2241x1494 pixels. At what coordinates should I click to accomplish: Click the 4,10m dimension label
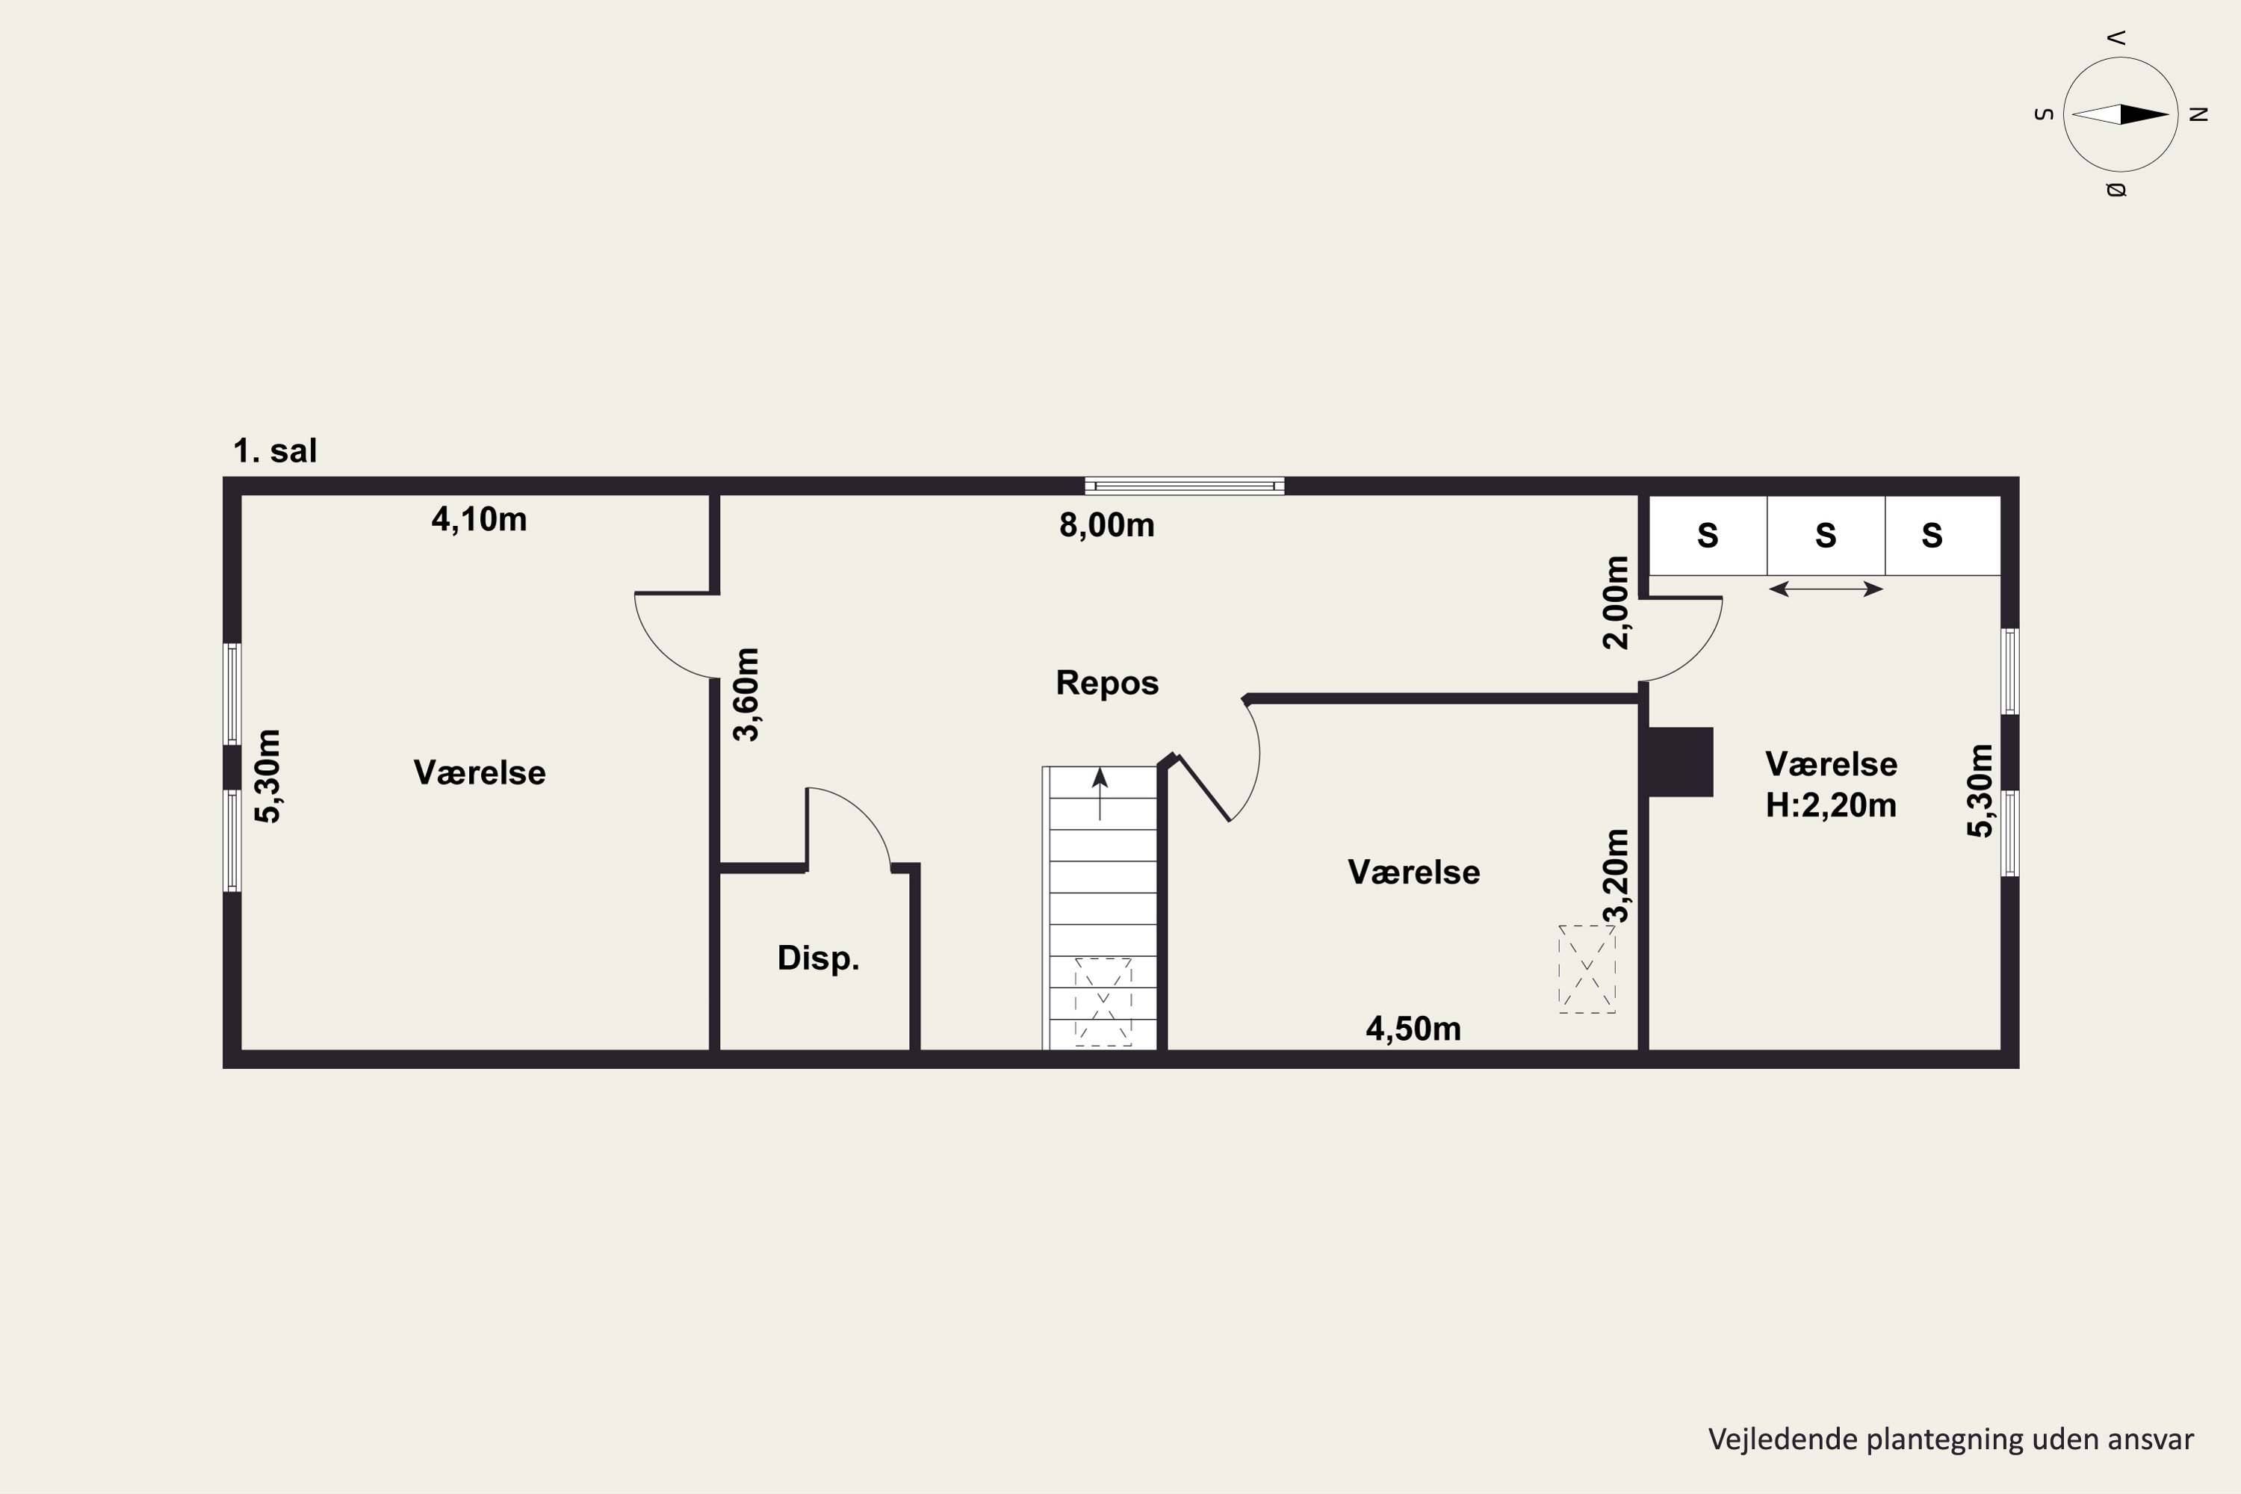[x=480, y=519]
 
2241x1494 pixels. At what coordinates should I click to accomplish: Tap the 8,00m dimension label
[x=1107, y=525]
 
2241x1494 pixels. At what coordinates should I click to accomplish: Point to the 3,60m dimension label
[x=747, y=695]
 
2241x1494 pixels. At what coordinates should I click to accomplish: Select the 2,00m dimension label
[x=1616, y=602]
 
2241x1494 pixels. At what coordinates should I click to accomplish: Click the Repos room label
[x=1107, y=684]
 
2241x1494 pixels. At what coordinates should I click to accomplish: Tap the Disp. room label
[x=819, y=958]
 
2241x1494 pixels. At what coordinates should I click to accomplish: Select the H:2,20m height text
[x=1830, y=806]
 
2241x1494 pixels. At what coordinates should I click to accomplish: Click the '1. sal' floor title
[x=276, y=450]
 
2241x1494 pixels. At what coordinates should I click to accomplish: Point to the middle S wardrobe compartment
[x=1826, y=536]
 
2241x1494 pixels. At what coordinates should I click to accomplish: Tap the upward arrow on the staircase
[x=1100, y=793]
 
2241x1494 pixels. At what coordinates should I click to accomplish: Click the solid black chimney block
[x=1681, y=762]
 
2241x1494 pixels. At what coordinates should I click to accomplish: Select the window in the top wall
[x=1184, y=486]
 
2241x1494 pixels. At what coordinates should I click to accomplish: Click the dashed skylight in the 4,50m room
[x=1587, y=969]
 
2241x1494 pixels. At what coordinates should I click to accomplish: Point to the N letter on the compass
[x=2199, y=114]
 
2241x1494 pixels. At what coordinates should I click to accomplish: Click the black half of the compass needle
[x=2144, y=114]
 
